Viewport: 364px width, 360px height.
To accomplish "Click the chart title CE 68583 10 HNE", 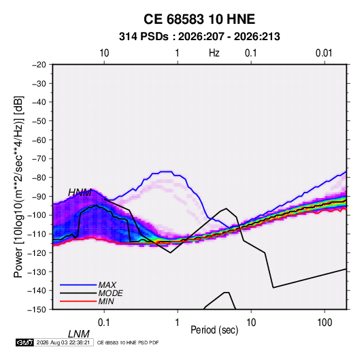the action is click(199, 19).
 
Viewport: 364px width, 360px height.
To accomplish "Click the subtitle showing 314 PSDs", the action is click(199, 37).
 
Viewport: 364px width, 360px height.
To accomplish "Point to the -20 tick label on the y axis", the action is click(39, 65).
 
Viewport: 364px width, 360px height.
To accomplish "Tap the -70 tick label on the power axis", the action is click(39, 159).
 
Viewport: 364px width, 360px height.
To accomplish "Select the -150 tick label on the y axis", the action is click(37, 310).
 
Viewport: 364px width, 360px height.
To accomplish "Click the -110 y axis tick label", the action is click(37, 234).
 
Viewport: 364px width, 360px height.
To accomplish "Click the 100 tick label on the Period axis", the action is click(325, 323).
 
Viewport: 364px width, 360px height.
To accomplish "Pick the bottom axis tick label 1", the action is click(178, 323).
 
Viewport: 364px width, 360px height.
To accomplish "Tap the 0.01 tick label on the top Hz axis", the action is click(324, 53).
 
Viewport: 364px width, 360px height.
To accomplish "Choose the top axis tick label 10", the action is click(104, 53).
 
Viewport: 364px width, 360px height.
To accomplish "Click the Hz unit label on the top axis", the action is click(214, 53).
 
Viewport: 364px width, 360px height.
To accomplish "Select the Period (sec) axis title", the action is click(214, 330).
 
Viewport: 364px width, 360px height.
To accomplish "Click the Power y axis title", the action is click(18, 187).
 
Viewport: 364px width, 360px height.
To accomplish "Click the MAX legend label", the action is click(107, 285).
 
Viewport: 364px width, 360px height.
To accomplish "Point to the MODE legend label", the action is click(110, 293).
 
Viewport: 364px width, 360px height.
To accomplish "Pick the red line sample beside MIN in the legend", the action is click(78, 301).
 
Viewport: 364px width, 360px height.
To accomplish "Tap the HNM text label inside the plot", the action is click(80, 193).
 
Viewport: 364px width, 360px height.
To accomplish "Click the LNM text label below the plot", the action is click(79, 334).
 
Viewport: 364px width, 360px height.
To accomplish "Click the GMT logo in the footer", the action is click(25, 342).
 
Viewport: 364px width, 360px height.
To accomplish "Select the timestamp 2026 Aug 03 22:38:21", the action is click(63, 342).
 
